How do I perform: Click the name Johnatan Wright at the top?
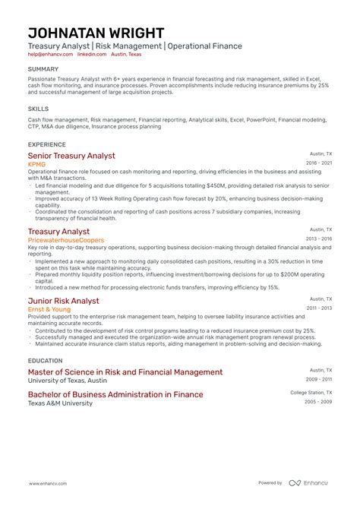(x=96, y=33)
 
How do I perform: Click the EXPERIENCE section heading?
(x=46, y=144)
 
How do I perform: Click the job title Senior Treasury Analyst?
(x=71, y=156)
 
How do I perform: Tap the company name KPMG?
(x=36, y=164)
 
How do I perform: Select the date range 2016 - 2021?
(x=318, y=163)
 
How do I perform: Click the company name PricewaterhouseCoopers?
(x=66, y=240)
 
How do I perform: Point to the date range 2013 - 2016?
(x=318, y=239)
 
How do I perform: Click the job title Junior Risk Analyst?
(x=63, y=301)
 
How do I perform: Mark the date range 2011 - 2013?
(x=318, y=308)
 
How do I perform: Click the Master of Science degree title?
(x=125, y=372)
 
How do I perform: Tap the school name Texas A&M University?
(x=60, y=403)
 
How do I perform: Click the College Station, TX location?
(x=311, y=393)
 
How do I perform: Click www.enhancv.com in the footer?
(x=48, y=483)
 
